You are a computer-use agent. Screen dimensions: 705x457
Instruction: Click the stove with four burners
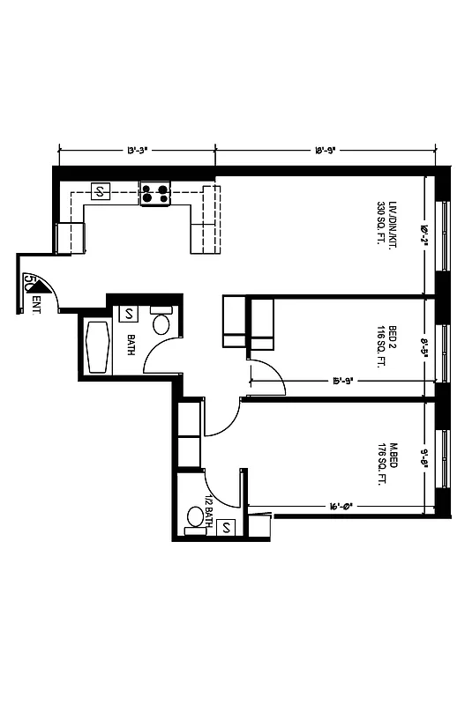pyautogui.click(x=155, y=193)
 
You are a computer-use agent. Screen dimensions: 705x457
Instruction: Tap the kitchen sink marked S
pyautogui.click(x=100, y=191)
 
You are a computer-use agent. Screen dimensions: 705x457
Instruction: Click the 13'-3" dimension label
pyautogui.click(x=137, y=150)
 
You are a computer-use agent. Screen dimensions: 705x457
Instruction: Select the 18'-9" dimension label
pyautogui.click(x=326, y=150)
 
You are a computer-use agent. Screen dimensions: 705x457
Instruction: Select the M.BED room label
pyautogui.click(x=393, y=454)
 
